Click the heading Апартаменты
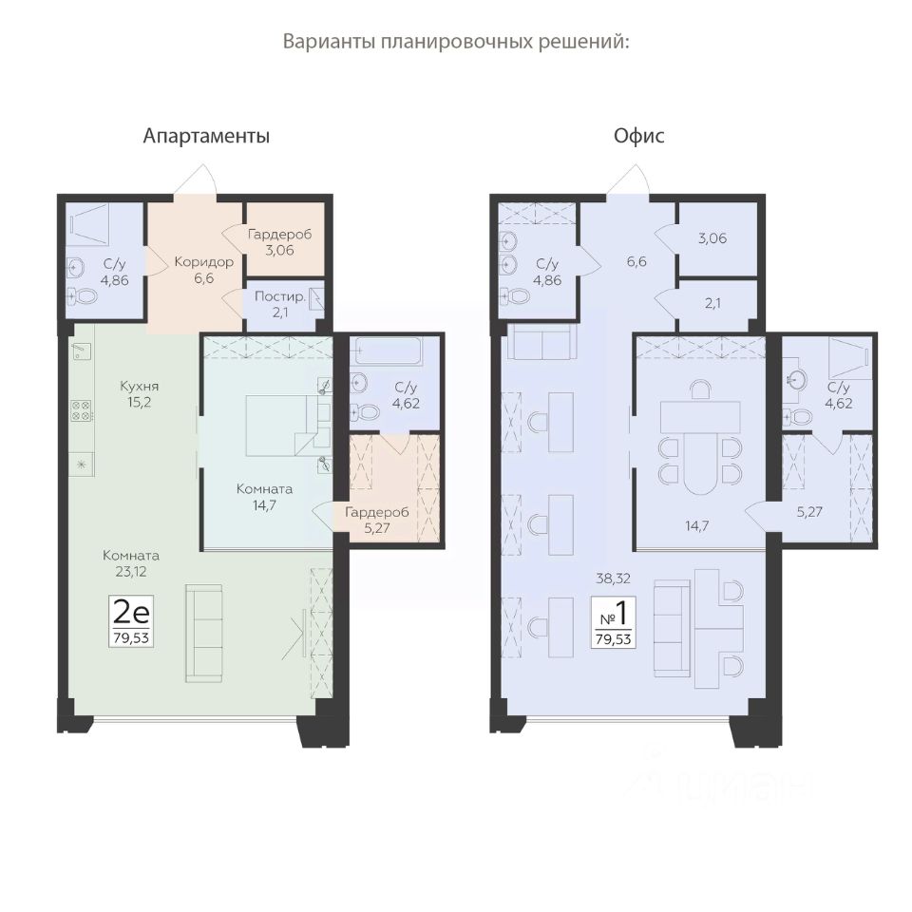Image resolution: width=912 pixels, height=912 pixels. click(206, 136)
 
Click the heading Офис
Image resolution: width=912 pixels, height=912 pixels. click(638, 136)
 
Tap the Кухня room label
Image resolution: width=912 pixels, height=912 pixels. click(139, 393)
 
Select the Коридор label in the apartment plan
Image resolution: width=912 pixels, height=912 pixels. click(203, 270)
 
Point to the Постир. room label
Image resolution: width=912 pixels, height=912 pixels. click(280, 304)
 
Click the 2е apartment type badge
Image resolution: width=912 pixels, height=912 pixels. click(131, 621)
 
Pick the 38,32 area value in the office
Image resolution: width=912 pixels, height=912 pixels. click(613, 579)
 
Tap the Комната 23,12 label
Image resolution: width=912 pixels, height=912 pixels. click(131, 563)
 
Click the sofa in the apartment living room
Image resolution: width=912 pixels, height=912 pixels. click(203, 634)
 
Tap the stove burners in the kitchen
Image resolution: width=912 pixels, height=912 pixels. click(81, 410)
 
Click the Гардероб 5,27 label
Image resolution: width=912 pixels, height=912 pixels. click(377, 520)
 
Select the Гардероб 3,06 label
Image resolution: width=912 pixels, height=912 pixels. click(279, 242)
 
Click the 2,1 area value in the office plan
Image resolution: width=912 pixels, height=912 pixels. click(712, 303)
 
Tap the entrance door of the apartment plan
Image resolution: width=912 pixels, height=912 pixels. click(195, 180)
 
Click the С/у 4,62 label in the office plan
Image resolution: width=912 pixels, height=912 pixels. click(838, 395)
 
